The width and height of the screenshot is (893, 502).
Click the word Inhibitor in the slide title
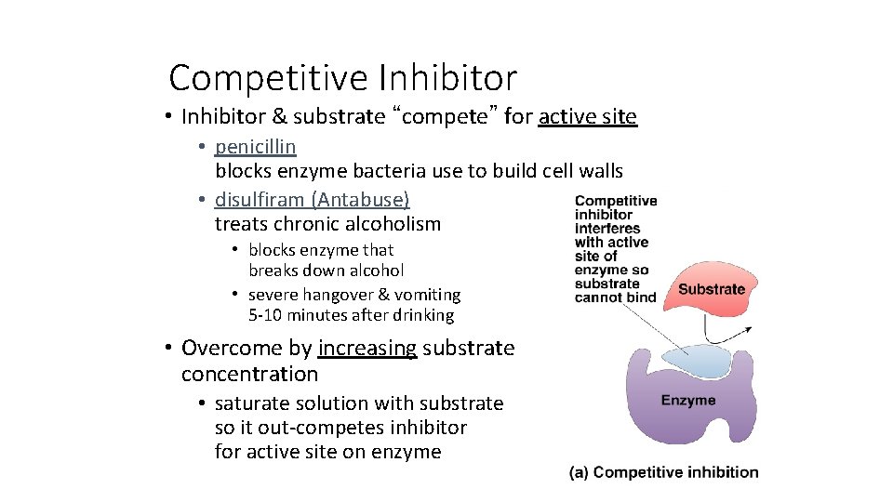[x=447, y=78]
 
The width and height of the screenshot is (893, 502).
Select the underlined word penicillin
[x=256, y=147]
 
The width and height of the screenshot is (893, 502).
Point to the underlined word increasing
[x=367, y=348]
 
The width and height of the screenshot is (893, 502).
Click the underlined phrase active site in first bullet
[x=588, y=116]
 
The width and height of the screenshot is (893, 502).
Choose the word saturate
[x=249, y=403]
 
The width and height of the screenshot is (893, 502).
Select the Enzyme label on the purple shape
[x=688, y=401]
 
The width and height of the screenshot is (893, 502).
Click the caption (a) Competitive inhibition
[x=664, y=472]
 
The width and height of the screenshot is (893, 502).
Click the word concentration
[x=249, y=374]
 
